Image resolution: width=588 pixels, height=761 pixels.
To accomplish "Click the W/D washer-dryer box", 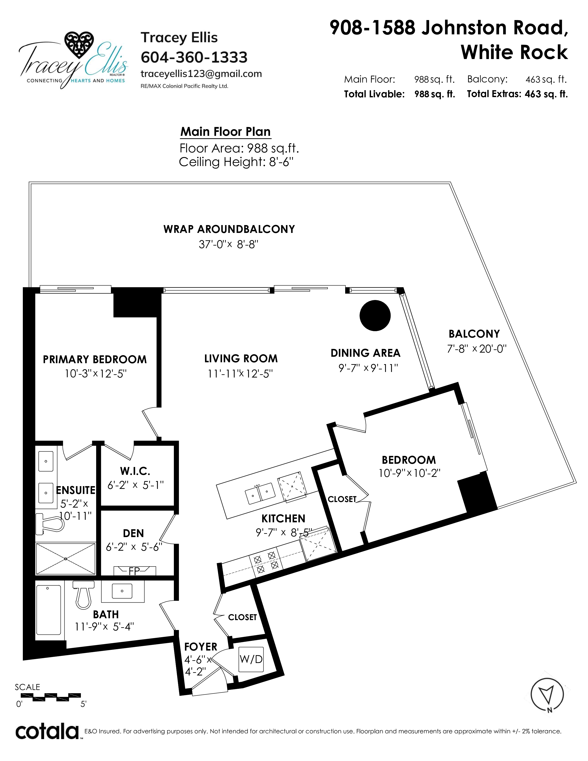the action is point(251,659).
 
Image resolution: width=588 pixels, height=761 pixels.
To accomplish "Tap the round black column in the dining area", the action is point(375,315).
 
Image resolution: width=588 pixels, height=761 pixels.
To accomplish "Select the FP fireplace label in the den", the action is point(134,571).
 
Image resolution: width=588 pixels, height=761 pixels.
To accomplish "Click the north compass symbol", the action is point(547,694).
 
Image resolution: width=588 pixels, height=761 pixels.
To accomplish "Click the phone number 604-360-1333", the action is point(194,57).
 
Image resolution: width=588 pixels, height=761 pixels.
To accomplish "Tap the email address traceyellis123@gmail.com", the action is point(201,74).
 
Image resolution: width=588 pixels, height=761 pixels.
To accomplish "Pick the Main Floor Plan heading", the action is point(225,132).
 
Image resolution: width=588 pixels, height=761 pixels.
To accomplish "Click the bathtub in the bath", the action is point(49,610).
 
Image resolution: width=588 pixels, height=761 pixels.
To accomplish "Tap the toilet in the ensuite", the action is point(50,524).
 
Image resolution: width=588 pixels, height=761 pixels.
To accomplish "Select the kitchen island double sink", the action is point(260,493).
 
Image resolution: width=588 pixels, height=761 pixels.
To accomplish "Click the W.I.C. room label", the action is point(135,471).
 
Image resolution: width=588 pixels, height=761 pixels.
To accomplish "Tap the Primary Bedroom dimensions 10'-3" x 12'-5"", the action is point(96,374).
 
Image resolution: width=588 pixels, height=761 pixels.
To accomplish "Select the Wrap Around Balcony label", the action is point(229,229).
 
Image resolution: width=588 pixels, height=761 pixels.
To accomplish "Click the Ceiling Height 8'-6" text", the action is point(236,162).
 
